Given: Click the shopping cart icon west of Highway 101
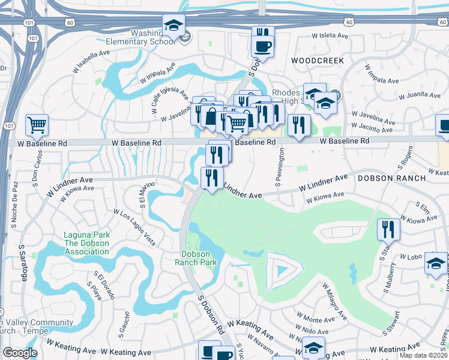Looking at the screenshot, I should pos(37,125).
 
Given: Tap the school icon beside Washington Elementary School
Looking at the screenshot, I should pos(173,26).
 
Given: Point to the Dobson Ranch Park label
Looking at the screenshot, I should pos(196,258).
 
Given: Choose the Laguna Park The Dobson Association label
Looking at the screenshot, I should pos(87,243).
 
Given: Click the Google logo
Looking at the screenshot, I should pos(20,353).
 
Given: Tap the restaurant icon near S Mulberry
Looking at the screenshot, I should pos(388,229).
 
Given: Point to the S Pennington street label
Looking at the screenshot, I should pos(279,168).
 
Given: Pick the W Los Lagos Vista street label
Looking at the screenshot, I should pos(135,227).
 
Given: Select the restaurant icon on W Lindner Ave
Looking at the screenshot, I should pos(212,178).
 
